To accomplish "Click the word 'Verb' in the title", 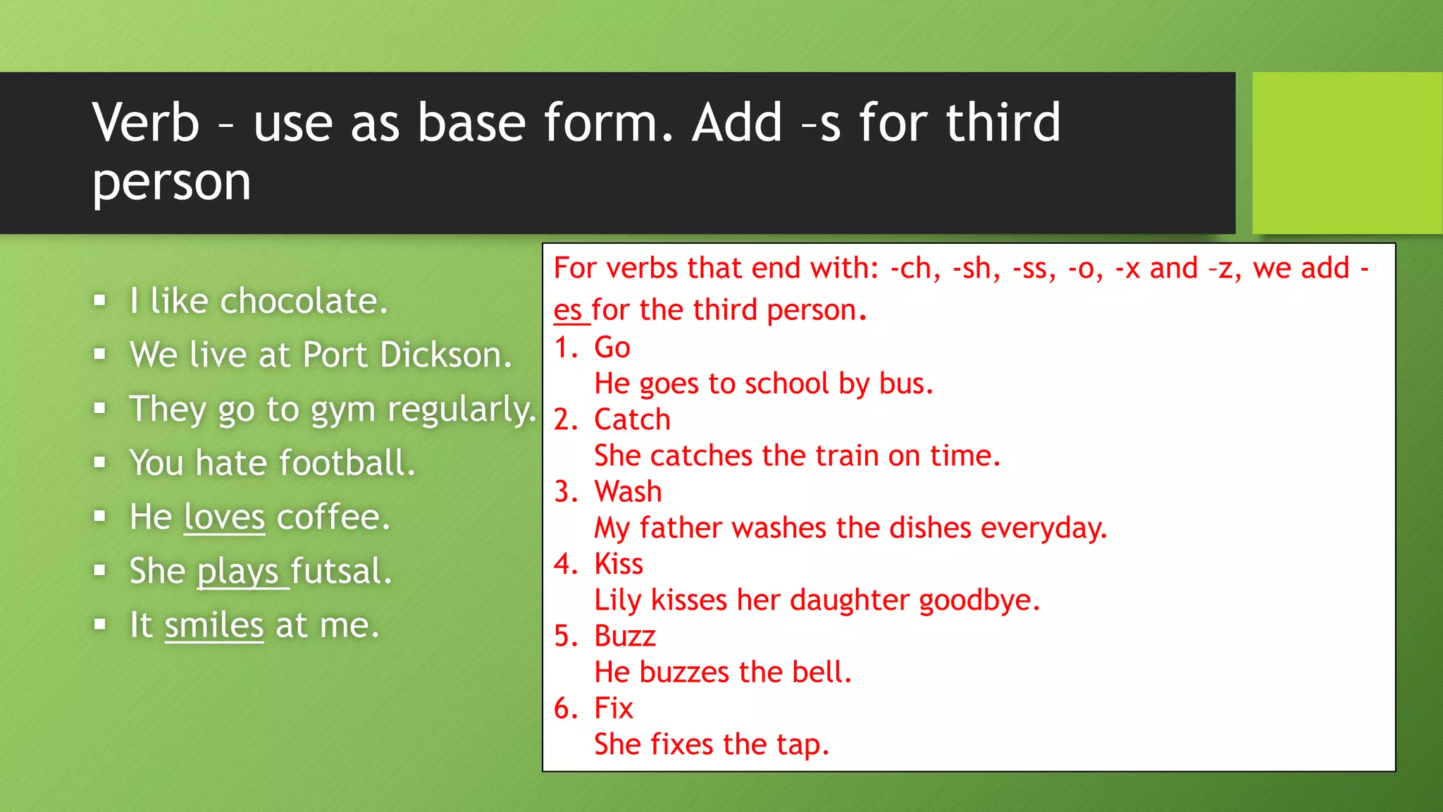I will (x=146, y=123).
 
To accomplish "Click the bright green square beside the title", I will (x=1346, y=153).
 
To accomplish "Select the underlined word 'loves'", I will (x=224, y=517).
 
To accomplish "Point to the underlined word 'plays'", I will (x=238, y=572).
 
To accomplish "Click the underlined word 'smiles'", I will (x=214, y=625).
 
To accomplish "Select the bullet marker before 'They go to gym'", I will (x=100, y=409).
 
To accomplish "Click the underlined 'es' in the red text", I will (x=568, y=311).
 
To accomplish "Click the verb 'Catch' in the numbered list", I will (x=632, y=420).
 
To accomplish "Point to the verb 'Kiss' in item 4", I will (x=619, y=564).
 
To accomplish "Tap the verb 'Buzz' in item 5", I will (x=625, y=636).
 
